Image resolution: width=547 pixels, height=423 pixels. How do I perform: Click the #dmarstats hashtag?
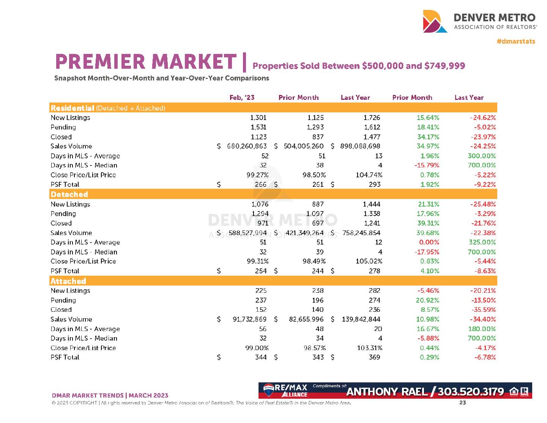click(515, 41)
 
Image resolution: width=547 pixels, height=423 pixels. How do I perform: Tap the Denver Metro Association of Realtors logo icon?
click(435, 21)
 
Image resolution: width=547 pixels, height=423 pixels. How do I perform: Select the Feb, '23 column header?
click(242, 98)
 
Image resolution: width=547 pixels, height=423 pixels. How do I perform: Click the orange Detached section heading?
click(69, 194)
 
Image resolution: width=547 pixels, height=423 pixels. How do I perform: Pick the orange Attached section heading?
click(68, 281)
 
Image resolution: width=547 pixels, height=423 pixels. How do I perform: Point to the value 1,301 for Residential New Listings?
click(258, 118)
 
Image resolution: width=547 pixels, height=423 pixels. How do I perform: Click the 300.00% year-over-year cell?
click(482, 156)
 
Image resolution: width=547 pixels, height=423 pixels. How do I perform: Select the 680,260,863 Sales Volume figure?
click(247, 146)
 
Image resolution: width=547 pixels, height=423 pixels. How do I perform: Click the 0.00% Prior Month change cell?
click(429, 242)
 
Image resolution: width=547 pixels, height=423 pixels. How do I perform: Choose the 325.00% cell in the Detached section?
click(482, 242)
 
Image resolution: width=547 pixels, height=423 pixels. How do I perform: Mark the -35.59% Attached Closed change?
click(483, 310)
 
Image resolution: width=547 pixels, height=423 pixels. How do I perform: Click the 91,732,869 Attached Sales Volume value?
click(249, 319)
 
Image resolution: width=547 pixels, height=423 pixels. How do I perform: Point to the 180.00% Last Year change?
click(482, 329)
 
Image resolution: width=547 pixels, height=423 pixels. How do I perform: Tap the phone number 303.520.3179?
click(471, 391)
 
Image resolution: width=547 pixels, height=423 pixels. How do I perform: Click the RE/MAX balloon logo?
click(268, 389)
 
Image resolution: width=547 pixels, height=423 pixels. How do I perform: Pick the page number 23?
click(462, 402)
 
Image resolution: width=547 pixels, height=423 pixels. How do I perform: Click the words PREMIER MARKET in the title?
click(146, 62)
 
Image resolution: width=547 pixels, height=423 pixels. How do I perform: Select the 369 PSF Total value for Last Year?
click(374, 357)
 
